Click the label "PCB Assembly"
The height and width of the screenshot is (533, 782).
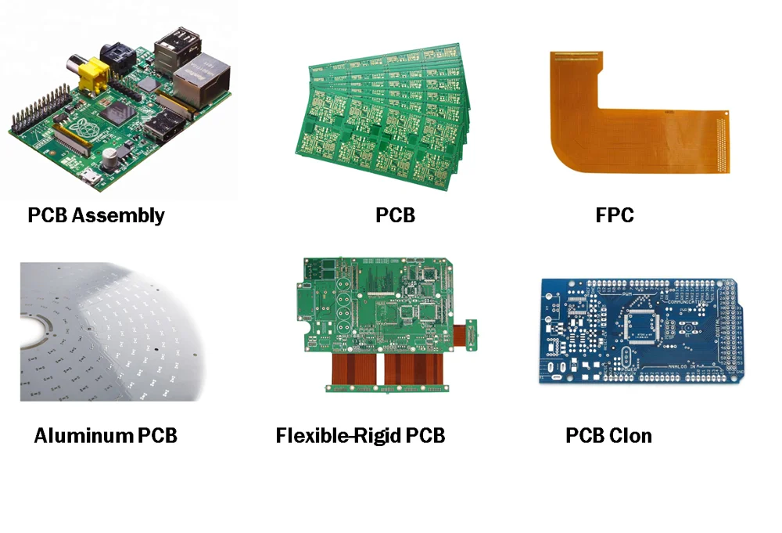tap(96, 215)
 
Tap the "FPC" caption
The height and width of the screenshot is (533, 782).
tap(614, 215)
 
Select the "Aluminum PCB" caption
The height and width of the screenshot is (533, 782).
tap(106, 435)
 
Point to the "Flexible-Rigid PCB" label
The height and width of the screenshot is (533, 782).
tap(361, 435)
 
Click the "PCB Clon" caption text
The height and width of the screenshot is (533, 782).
tap(608, 435)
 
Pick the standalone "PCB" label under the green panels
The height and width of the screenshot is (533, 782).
tap(395, 215)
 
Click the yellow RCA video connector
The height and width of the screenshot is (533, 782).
tap(93, 74)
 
